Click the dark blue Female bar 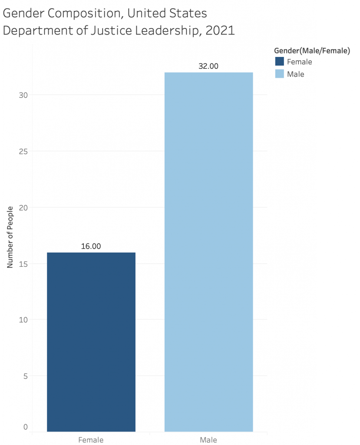[x=91, y=342]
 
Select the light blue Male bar [x=208, y=252]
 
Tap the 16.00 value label [x=91, y=246]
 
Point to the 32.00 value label [x=208, y=66]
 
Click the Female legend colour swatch [x=280, y=62]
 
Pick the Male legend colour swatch [x=280, y=74]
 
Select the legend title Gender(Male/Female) [x=312, y=51]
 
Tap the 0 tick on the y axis [x=25, y=427]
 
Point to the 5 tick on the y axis [x=25, y=376]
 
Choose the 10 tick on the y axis [x=23, y=320]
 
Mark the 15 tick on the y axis [x=23, y=264]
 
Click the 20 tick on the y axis [x=23, y=208]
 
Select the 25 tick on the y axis [x=23, y=151]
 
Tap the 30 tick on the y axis [x=23, y=95]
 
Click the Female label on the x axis [x=91, y=440]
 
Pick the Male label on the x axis [x=208, y=440]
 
